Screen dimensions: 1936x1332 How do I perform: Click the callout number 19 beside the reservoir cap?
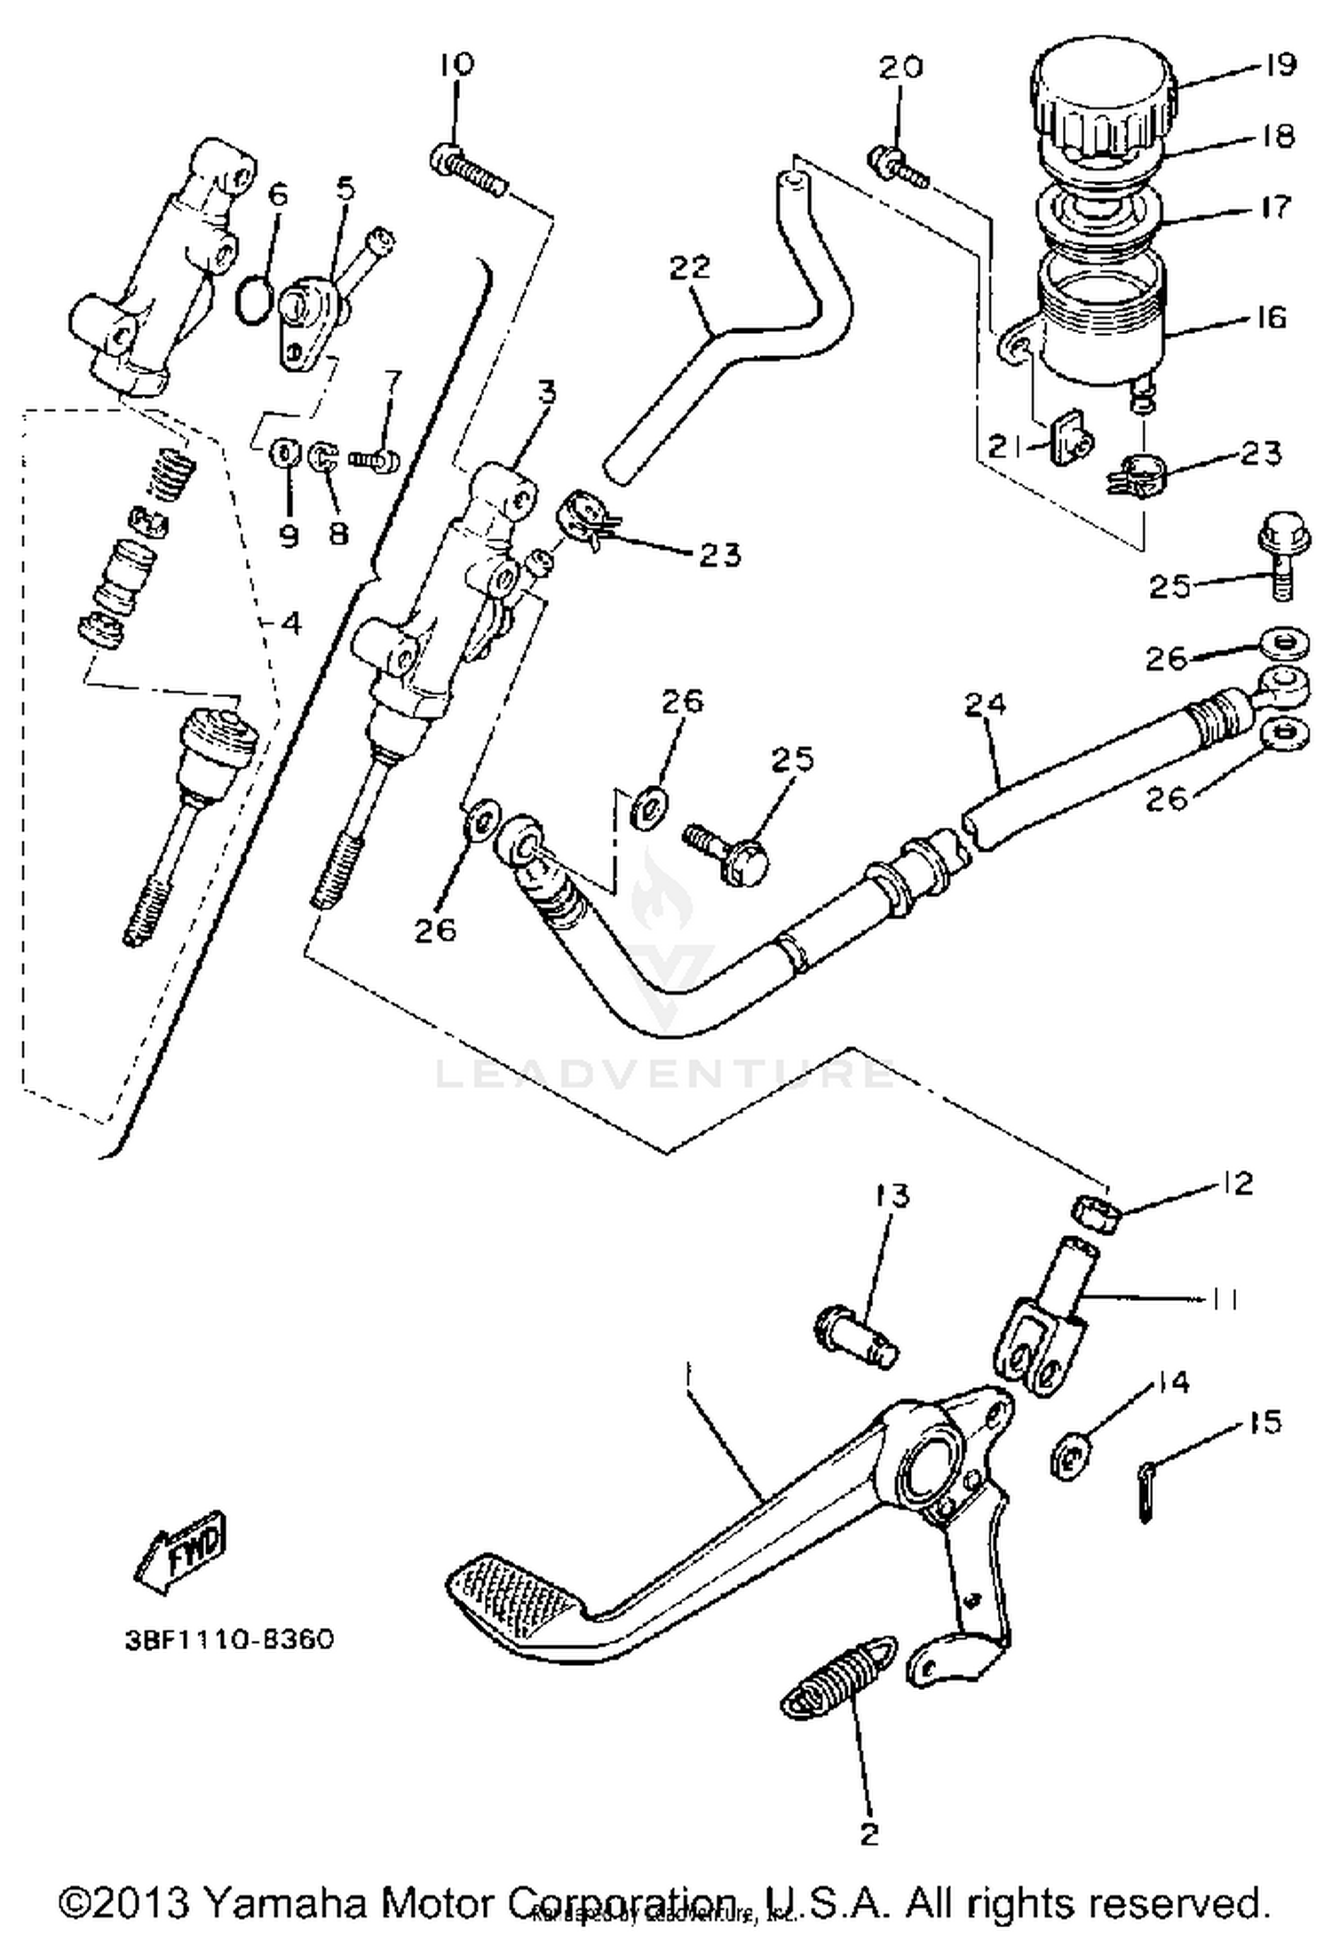[x=1280, y=65]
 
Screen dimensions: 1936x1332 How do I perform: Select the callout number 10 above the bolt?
[x=456, y=64]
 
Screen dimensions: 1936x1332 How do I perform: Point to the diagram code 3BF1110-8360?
[x=229, y=1638]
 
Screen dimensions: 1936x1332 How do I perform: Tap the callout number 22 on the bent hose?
[x=691, y=266]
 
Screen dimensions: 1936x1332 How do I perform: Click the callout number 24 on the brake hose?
[x=986, y=704]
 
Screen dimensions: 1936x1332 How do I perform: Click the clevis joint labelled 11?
[x=1037, y=1370]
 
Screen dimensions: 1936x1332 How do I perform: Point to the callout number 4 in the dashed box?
[x=290, y=623]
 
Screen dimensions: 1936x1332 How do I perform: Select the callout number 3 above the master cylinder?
[x=546, y=392]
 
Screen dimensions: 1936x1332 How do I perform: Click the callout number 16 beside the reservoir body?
[x=1271, y=317]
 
